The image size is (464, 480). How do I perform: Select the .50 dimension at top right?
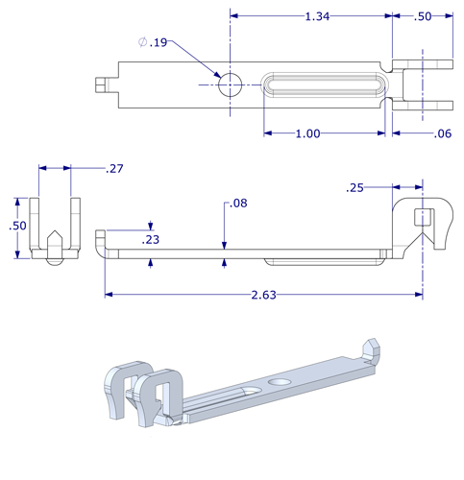coord(423,16)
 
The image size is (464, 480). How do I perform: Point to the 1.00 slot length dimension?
coord(307,133)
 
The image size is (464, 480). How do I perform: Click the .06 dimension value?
coord(442,133)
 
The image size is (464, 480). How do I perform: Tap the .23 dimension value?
coord(151,240)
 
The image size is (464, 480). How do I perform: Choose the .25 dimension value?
coord(355,188)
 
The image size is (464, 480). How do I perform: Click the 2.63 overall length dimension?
coord(263,295)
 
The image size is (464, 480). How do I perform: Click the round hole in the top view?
coord(231,84)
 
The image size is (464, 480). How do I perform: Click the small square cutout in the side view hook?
coord(419,216)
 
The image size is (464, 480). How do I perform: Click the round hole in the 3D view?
coord(281,383)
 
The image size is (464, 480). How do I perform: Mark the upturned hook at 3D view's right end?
coord(370,349)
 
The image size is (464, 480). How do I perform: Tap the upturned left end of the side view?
coord(99,238)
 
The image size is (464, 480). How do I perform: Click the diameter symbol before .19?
coord(142,42)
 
